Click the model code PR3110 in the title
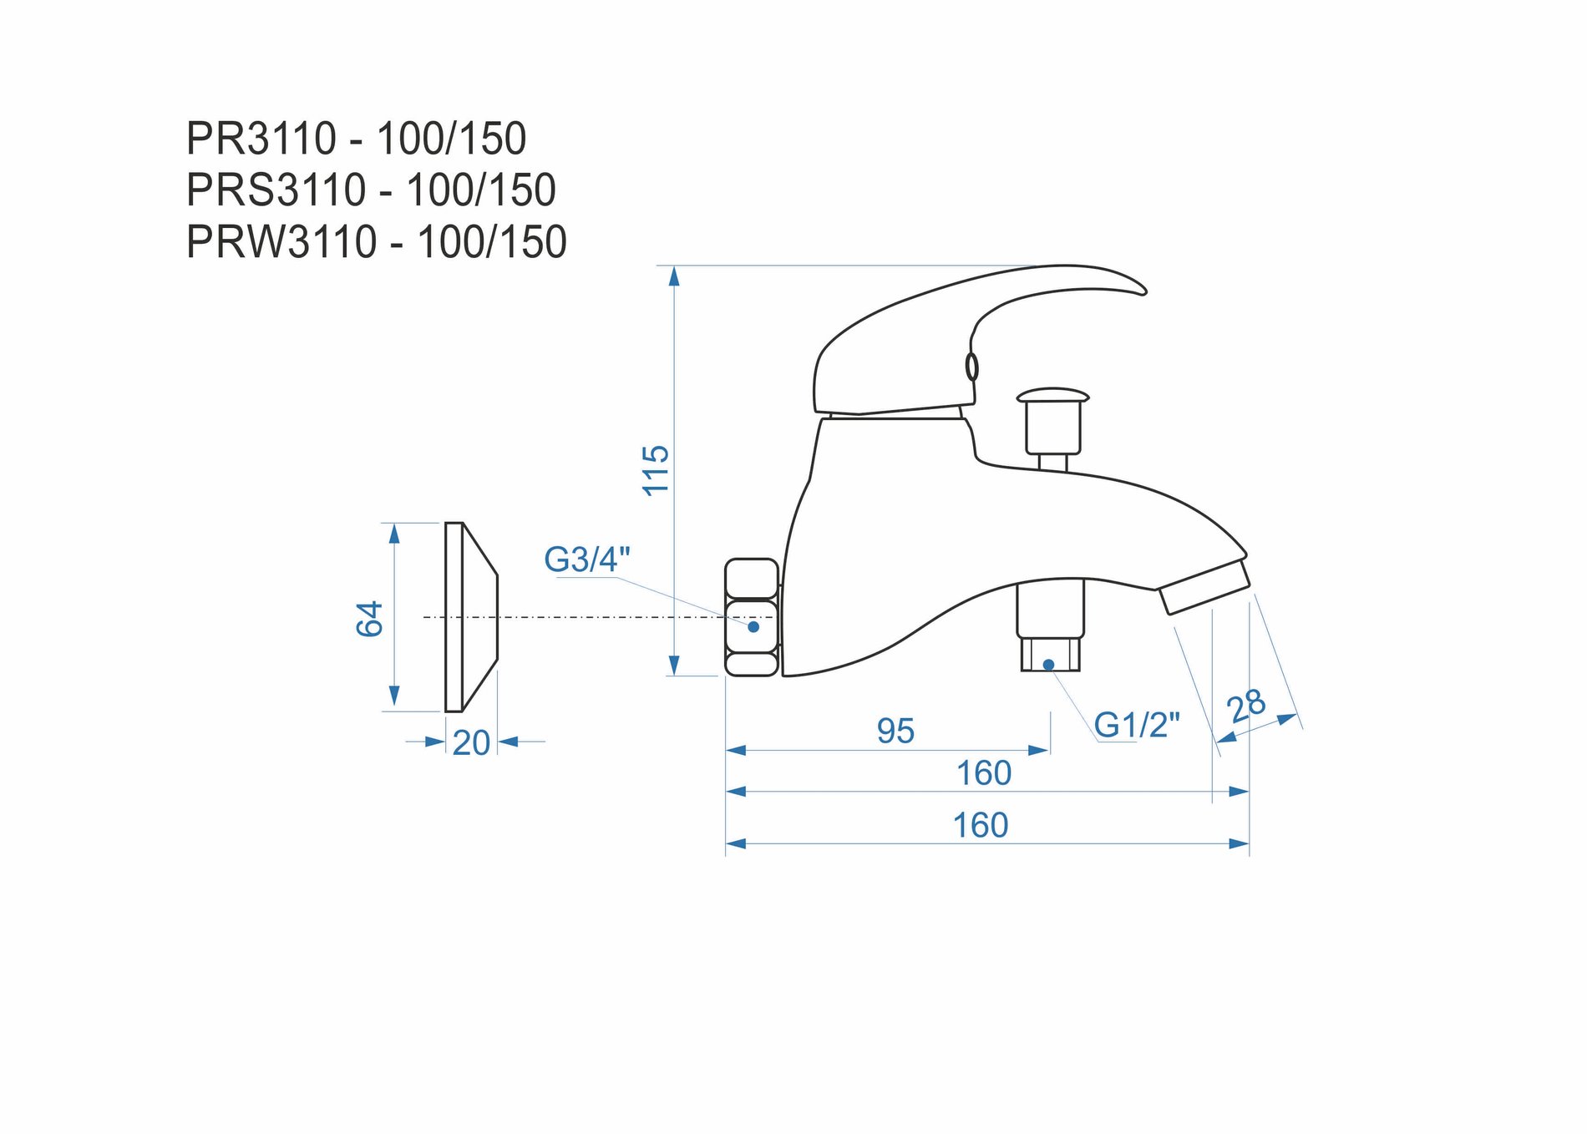coord(261,139)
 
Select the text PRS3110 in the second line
coord(276,190)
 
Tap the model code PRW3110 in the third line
coord(282,242)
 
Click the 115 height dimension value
coord(657,470)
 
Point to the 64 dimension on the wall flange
coord(369,618)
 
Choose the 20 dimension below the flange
coord(471,742)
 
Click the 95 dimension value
coord(895,731)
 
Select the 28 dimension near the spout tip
coord(1246,706)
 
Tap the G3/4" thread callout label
coord(587,559)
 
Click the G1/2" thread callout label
coord(1137,725)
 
